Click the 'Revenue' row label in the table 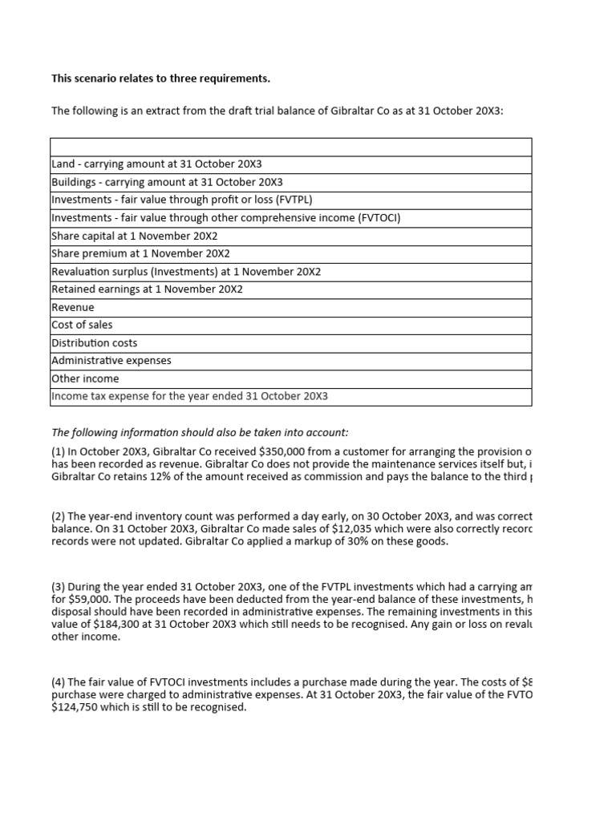pos(73,307)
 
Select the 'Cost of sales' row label pos(82,325)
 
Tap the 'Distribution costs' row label pos(94,343)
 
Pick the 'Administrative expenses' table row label pos(111,361)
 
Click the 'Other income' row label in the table pos(85,378)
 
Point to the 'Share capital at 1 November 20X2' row pos(134,236)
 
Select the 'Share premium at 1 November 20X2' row pos(137,253)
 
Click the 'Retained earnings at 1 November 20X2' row pos(147,289)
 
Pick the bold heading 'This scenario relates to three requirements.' pos(160,79)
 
